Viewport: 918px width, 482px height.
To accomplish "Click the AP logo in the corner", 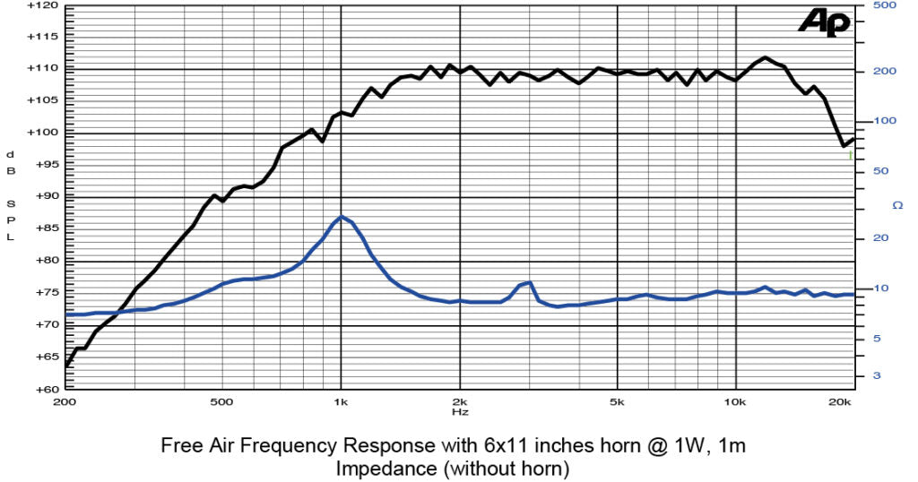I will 825,22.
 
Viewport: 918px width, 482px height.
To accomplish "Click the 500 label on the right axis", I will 883,5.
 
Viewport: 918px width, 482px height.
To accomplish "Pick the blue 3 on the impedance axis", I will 877,375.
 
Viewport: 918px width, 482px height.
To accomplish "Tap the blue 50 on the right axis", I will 879,171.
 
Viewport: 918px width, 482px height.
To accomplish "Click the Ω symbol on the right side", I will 897,205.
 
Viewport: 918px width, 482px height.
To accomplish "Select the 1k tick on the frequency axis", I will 341,402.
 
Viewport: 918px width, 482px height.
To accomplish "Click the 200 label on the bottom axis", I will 65,402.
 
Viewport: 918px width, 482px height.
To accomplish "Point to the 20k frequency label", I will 840,402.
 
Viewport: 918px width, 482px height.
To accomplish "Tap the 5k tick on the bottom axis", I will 617,402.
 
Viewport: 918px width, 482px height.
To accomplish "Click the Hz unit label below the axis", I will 459,412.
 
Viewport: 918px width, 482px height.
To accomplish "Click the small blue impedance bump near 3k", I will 529,283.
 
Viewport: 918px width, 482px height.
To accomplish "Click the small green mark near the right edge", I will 850,155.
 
